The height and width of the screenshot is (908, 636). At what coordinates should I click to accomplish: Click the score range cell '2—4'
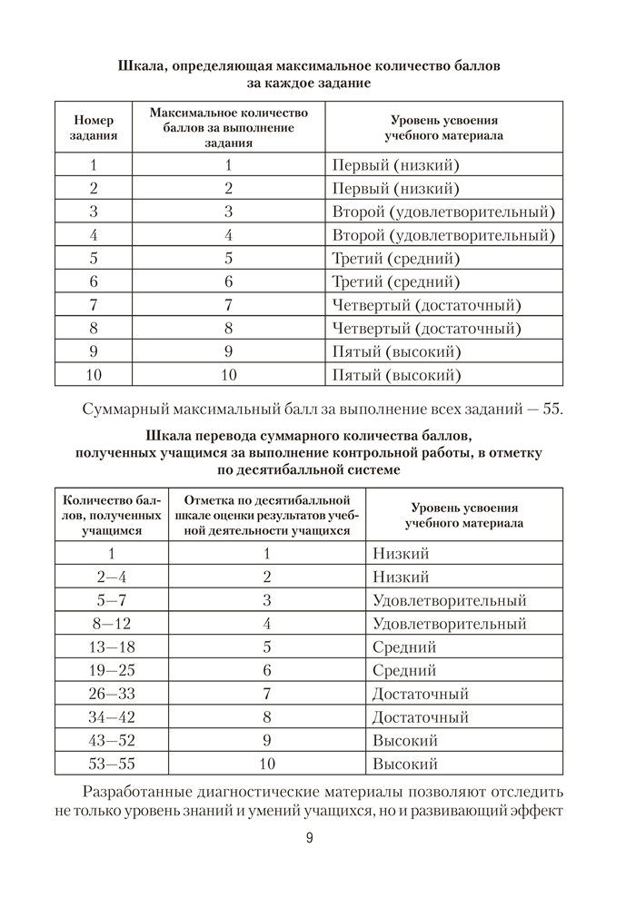click(x=111, y=577)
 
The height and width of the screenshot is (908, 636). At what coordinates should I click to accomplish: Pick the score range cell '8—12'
click(x=111, y=624)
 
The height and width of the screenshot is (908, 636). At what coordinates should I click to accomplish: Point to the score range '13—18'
click(x=111, y=647)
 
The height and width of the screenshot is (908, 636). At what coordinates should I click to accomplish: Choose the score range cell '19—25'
click(x=111, y=671)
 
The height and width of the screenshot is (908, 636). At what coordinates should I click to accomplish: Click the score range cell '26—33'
click(x=111, y=694)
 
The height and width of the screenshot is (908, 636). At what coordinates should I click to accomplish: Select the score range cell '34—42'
click(x=111, y=717)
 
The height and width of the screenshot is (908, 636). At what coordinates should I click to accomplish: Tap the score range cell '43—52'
click(x=111, y=740)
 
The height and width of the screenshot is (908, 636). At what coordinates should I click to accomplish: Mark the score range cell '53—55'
click(x=111, y=764)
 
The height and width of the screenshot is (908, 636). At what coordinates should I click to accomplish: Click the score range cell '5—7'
click(x=111, y=600)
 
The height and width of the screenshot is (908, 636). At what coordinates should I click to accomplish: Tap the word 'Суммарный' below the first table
click(x=126, y=408)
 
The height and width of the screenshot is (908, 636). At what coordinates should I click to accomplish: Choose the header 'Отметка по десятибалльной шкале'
click(x=267, y=515)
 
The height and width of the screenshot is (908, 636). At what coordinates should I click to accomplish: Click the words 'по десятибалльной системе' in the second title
click(x=309, y=470)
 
